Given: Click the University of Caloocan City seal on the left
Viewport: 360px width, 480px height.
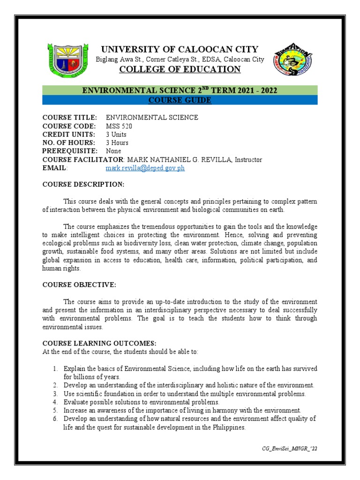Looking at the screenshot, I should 68,61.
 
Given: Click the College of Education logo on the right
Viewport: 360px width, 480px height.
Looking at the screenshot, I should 292,60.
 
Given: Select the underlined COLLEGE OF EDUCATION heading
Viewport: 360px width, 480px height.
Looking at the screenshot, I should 180,69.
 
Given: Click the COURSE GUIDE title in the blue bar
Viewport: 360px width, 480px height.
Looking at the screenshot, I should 180,100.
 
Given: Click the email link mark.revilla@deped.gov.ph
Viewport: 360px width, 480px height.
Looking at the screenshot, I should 145,168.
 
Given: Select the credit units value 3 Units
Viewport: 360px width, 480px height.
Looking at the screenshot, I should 116,134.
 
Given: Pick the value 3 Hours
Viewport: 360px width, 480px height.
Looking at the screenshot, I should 117,142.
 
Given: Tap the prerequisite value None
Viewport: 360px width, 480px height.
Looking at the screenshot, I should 113,151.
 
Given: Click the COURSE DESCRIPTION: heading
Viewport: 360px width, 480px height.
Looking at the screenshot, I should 83,184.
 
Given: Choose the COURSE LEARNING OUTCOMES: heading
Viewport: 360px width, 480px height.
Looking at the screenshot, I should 96,343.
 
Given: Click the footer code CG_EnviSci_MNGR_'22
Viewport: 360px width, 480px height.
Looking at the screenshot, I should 290,449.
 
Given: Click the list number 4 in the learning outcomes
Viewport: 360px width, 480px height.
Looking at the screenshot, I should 55,402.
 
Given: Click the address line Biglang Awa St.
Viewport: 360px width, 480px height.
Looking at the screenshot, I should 180,60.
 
